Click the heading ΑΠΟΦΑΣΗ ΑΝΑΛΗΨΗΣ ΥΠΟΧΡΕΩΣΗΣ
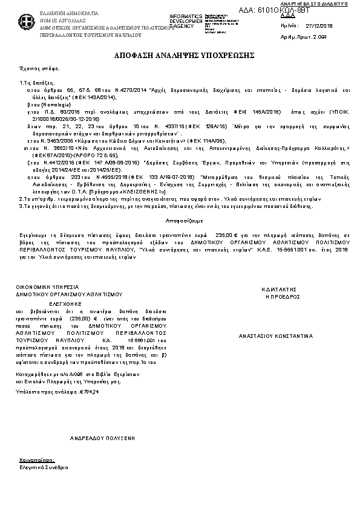click(x=180, y=55)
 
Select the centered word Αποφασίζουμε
click(x=179, y=221)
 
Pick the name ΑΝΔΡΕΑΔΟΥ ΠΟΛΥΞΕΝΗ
click(x=102, y=436)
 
